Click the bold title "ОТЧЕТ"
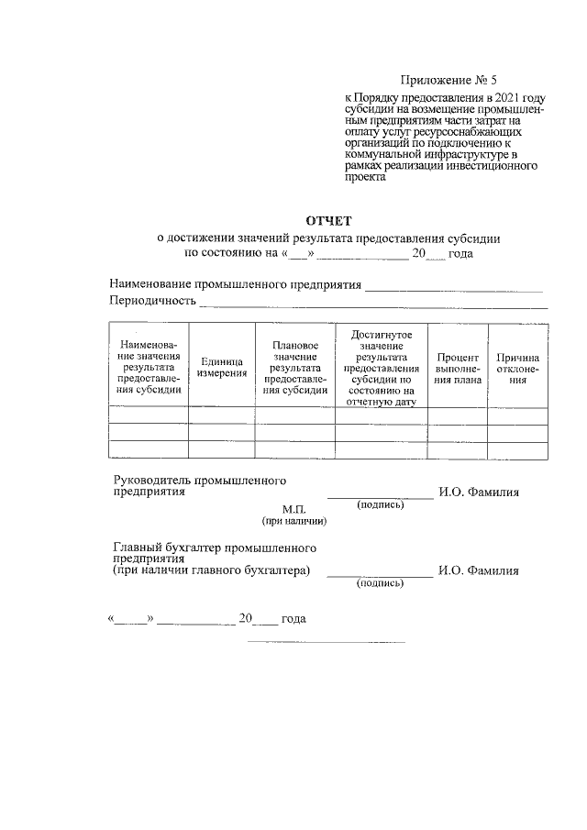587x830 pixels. (x=327, y=220)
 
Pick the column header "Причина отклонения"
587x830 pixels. (x=518, y=368)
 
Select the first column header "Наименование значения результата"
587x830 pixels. (x=148, y=368)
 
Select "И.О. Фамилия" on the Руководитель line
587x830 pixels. (x=479, y=492)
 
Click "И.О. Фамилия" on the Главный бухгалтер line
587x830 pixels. (x=479, y=570)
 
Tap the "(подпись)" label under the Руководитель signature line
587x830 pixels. (x=380, y=504)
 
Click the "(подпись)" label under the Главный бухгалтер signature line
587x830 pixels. (x=380, y=582)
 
